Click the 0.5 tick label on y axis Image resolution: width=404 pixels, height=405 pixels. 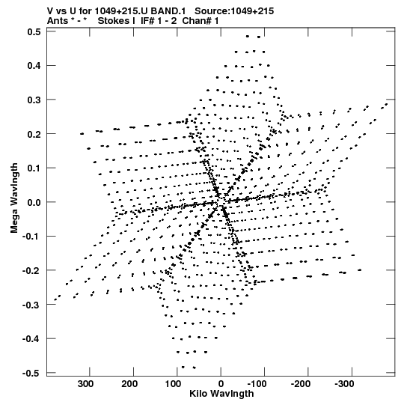34,31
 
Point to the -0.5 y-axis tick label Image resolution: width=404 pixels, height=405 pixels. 31,373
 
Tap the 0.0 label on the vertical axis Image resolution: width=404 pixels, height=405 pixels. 34,202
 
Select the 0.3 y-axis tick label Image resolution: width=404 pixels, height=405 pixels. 34,100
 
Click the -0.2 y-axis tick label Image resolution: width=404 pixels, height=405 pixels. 31,270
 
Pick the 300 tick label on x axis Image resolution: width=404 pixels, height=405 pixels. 86,384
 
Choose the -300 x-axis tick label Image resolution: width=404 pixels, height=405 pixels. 344,384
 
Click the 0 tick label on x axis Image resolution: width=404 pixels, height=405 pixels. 221,384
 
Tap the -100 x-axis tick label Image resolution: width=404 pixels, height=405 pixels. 257,384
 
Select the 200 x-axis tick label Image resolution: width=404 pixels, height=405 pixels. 129,384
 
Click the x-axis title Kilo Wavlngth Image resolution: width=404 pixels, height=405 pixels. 221,394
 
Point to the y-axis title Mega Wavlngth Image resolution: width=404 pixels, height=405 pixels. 14,198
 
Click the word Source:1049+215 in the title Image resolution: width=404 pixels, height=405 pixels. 234,11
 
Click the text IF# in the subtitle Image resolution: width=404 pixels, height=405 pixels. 147,21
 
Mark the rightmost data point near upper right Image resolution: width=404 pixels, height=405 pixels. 386,104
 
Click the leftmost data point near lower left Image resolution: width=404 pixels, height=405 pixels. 55,300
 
